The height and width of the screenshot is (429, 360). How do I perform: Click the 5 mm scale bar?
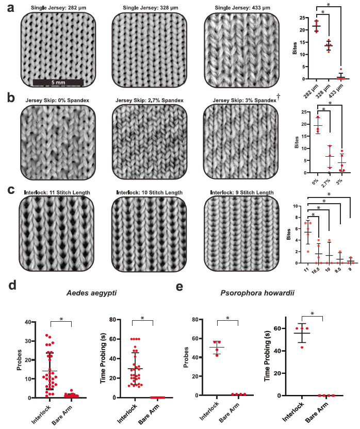pyautogui.click(x=58, y=82)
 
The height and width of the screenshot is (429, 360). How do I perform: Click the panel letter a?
pyautogui.click(x=11, y=8)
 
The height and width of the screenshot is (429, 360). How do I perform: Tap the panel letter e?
pyautogui.click(x=179, y=287)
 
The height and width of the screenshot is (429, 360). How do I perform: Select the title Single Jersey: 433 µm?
pyautogui.click(x=242, y=8)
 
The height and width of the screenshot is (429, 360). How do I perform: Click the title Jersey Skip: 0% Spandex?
pyautogui.click(x=57, y=101)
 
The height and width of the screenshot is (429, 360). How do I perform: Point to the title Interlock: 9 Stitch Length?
pyautogui.click(x=242, y=193)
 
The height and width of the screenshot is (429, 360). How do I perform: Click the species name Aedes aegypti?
pyautogui.click(x=91, y=293)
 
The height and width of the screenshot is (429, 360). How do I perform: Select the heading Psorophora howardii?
pyautogui.click(x=257, y=293)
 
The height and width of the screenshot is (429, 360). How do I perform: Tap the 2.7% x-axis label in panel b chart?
pyautogui.click(x=326, y=183)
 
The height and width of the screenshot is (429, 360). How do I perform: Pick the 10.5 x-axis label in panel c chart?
pyautogui.click(x=315, y=270)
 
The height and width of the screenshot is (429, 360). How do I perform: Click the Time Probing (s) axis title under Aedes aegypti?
pyautogui.click(x=103, y=359)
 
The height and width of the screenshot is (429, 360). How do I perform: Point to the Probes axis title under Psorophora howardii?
pyautogui.click(x=186, y=357)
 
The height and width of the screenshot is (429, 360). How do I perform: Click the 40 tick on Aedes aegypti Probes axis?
pyautogui.click(x=28, y=322)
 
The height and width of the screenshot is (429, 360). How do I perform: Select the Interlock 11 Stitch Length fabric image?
pyautogui.click(x=56, y=234)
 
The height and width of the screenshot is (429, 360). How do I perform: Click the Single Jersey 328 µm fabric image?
pyautogui.click(x=150, y=50)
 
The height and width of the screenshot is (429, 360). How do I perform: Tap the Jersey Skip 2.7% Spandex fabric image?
pyautogui.click(x=150, y=142)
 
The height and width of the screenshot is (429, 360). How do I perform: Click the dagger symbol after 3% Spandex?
pyautogui.click(x=279, y=96)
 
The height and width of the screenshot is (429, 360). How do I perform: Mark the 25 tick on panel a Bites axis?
pyautogui.click(x=302, y=18)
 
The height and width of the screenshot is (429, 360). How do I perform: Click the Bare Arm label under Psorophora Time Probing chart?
pyautogui.click(x=317, y=413)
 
